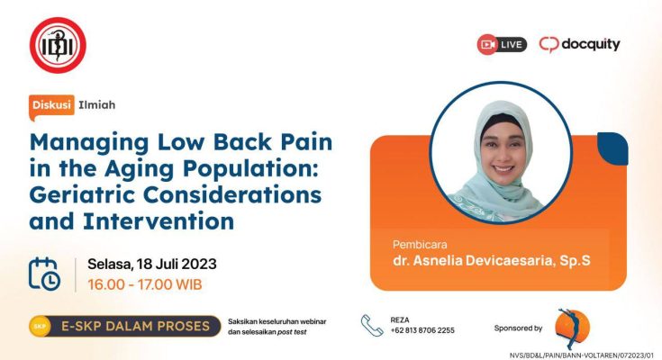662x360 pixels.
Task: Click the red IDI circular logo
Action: point(58,45)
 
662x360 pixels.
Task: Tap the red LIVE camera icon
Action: point(487,44)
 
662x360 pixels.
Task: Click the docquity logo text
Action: point(591,44)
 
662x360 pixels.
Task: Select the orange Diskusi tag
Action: point(51,105)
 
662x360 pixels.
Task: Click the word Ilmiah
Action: point(96,105)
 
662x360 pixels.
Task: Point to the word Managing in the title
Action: point(89,143)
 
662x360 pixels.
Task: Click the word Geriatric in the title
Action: point(83,195)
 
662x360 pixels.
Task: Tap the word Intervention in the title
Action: point(159,221)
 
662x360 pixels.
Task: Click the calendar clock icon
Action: point(44,274)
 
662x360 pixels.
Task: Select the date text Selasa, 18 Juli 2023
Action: point(152,265)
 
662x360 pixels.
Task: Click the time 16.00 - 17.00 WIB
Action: point(145,284)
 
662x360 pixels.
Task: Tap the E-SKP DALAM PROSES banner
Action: point(125,326)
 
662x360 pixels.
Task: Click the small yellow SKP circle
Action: point(40,326)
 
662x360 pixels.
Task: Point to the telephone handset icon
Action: point(371,326)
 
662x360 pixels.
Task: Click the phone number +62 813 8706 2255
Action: point(422,330)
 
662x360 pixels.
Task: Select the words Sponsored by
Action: point(518,328)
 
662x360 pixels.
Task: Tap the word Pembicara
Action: point(420,245)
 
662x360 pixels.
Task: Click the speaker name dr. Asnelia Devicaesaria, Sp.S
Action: point(492,260)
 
